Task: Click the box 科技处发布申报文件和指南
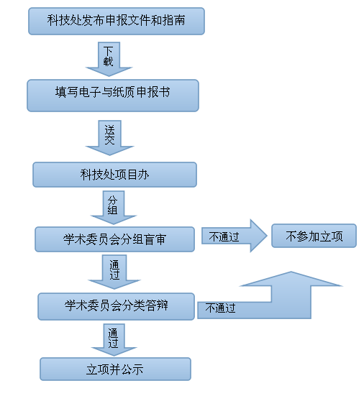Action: click(117, 22)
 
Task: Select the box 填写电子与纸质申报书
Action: click(113, 96)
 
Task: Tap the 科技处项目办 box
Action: click(115, 175)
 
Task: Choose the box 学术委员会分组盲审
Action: click(115, 239)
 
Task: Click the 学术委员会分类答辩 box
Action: click(117, 306)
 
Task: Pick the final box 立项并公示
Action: click(116, 369)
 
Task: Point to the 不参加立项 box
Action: click(314, 236)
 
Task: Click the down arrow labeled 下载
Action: click(109, 59)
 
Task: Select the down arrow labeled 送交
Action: click(110, 138)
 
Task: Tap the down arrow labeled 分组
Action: click(114, 208)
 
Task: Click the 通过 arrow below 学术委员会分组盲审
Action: click(114, 272)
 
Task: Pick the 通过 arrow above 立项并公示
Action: click(114, 340)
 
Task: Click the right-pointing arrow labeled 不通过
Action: click(235, 236)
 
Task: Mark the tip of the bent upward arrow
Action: click(291, 272)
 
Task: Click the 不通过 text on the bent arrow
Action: click(220, 308)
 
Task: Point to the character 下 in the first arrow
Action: click(108, 51)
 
